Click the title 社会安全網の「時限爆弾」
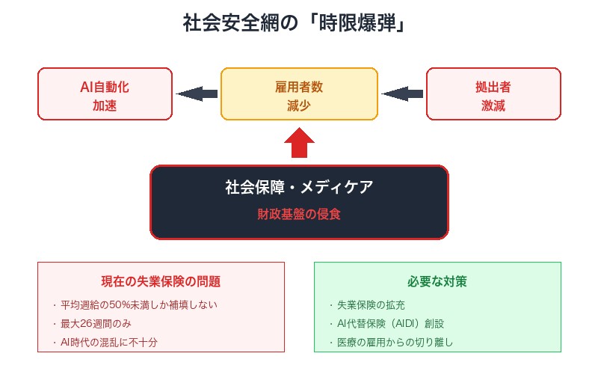pyautogui.click(x=299, y=23)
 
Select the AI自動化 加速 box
pyautogui.click(x=105, y=94)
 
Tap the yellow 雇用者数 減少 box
pyautogui.click(x=299, y=94)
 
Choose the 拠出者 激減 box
pyautogui.click(x=493, y=94)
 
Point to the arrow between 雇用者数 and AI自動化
pyautogui.click(x=197, y=94)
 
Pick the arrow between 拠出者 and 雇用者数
pyautogui.click(x=402, y=94)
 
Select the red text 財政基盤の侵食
pyautogui.click(x=299, y=213)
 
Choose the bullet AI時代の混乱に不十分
pyautogui.click(x=110, y=343)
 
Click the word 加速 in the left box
pyautogui.click(x=105, y=106)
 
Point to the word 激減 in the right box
pyautogui.click(x=493, y=106)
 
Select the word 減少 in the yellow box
pyautogui.click(x=299, y=106)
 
